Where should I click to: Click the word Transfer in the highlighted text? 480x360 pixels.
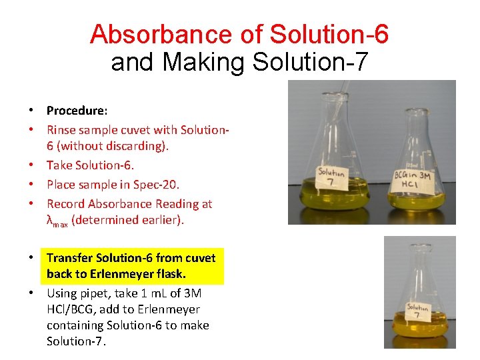(x=69, y=257)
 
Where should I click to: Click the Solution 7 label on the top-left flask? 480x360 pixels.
(x=331, y=179)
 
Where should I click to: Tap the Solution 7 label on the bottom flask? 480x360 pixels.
(x=418, y=311)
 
